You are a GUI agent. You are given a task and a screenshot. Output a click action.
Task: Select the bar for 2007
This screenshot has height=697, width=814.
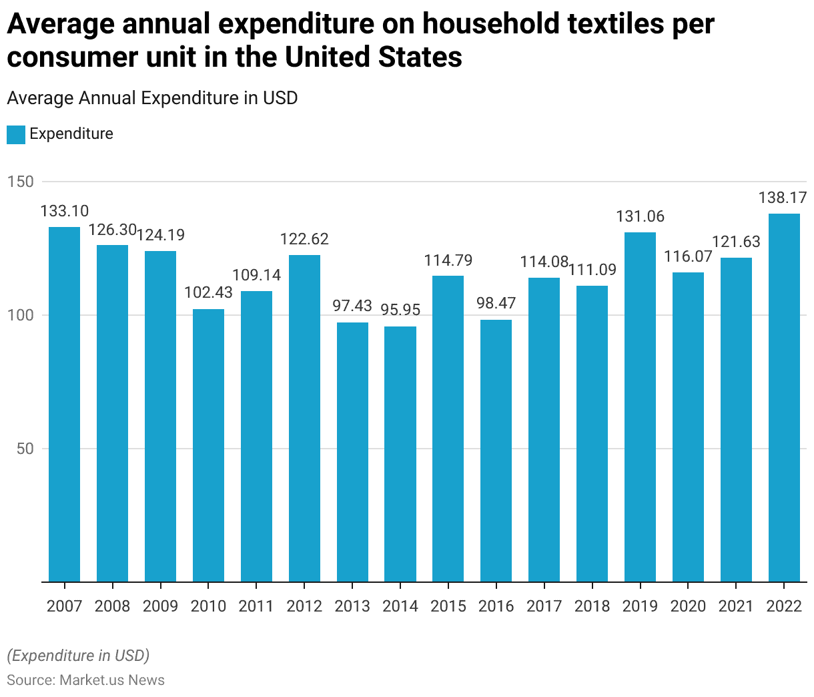[64, 404]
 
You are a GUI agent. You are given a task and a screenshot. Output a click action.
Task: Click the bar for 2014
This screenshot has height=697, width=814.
[400, 454]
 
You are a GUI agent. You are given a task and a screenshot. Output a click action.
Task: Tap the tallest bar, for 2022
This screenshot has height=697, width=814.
[784, 397]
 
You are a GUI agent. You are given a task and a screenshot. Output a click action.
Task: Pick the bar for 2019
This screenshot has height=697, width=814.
[640, 407]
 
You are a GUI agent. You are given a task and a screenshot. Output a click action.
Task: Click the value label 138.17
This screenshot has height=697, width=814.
[783, 198]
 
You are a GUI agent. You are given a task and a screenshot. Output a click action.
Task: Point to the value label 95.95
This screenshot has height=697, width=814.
[400, 310]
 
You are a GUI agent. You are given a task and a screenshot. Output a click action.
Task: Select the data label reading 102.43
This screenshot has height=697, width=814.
[208, 292]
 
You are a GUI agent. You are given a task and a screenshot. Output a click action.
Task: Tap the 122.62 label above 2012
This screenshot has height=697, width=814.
[304, 239]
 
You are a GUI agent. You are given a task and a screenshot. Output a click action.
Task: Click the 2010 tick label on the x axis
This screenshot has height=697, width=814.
[208, 606]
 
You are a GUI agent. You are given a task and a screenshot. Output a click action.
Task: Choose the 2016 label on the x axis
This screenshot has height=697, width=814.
[496, 606]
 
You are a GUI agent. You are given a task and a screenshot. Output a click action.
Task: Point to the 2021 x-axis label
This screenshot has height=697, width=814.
[736, 606]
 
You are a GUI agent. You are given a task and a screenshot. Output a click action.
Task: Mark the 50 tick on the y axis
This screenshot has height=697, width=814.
[25, 449]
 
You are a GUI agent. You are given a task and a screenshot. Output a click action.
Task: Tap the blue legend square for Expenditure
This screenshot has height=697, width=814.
[16, 134]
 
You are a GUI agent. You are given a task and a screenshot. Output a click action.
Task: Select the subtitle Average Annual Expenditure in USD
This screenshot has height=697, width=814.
[152, 98]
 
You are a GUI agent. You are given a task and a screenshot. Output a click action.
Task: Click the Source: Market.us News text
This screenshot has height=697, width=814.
[85, 680]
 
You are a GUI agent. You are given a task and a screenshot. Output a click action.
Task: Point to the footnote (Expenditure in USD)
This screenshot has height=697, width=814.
[78, 656]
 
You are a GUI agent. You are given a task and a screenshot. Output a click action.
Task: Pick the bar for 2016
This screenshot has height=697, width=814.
[496, 451]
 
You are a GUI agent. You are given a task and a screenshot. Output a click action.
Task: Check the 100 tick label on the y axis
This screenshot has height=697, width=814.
[20, 315]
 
